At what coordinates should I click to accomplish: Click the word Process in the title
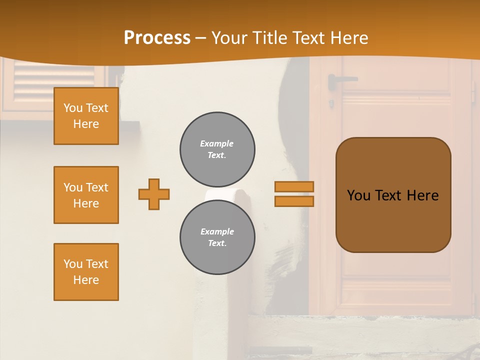click(x=157, y=38)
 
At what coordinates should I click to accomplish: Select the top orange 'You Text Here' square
click(x=86, y=116)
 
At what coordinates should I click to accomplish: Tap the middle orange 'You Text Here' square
click(x=86, y=195)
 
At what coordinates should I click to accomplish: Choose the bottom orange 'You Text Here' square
click(x=86, y=272)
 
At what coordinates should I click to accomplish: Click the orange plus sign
click(x=154, y=194)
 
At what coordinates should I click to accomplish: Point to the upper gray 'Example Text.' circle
click(x=217, y=149)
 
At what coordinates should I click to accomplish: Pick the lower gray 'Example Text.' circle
click(x=217, y=237)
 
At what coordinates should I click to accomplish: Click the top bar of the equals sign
click(x=294, y=186)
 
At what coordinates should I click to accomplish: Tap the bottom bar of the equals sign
click(x=294, y=201)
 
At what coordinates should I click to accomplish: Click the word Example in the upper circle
click(x=217, y=143)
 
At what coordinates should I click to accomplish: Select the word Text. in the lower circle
click(x=217, y=243)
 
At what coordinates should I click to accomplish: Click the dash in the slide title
click(x=201, y=38)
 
